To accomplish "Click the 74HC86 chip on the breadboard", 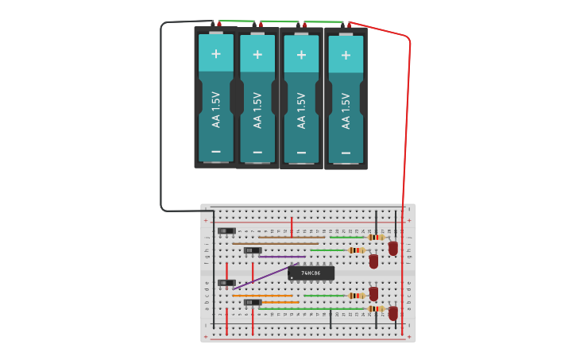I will [x=311, y=273].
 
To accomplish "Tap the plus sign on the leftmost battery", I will [x=215, y=53].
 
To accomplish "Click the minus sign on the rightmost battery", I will [x=346, y=153].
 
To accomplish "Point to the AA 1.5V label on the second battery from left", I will [x=257, y=110].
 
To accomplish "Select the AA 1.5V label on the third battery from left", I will [x=301, y=110].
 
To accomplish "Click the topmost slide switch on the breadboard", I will [x=226, y=231].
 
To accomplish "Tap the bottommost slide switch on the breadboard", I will [x=253, y=303].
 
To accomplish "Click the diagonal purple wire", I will [x=266, y=276].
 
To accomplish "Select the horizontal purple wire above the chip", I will [x=281, y=257].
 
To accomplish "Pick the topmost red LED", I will [x=392, y=249].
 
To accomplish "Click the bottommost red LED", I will [x=392, y=313].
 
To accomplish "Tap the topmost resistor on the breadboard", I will [x=376, y=237].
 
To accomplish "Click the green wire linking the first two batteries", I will [x=236, y=21].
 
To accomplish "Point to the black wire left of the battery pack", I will [x=161, y=119].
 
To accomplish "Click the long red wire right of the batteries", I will [x=408, y=119].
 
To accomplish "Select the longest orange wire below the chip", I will [x=262, y=296].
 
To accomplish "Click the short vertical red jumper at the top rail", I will [x=292, y=226].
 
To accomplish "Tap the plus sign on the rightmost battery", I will [x=346, y=55].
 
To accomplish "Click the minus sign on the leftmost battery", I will [x=215, y=151].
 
